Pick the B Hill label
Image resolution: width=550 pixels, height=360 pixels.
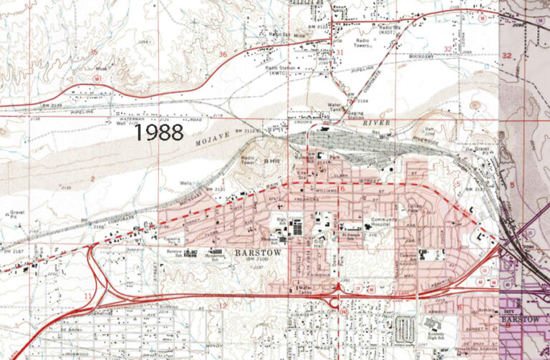[x=272, y=162]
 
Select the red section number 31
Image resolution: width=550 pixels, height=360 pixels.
[x=339, y=53]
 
